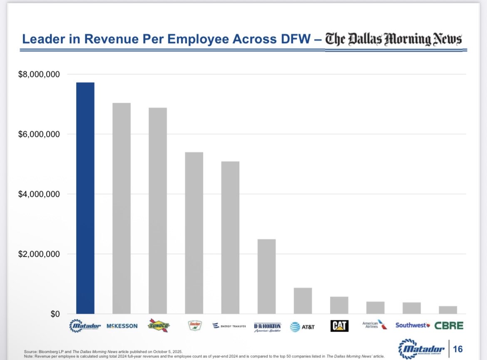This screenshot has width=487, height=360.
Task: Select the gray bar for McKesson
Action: [x=122, y=208]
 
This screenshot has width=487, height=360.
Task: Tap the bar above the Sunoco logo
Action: [x=158, y=211]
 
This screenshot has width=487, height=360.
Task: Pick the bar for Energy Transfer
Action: [x=230, y=237]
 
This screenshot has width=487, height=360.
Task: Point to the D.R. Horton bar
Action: [x=266, y=276]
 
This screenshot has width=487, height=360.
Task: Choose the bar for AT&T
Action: [x=303, y=300]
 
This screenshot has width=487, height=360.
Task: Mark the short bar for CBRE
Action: [x=448, y=310]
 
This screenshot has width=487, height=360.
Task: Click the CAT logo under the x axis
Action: [x=339, y=326]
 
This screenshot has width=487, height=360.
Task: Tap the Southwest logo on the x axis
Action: [x=412, y=325]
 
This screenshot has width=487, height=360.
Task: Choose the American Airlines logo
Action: [x=375, y=325]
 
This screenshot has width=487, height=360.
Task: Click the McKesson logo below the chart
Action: [x=122, y=326]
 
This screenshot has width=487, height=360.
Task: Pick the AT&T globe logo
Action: [x=295, y=327]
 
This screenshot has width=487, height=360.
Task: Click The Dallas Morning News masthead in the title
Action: [x=393, y=40]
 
